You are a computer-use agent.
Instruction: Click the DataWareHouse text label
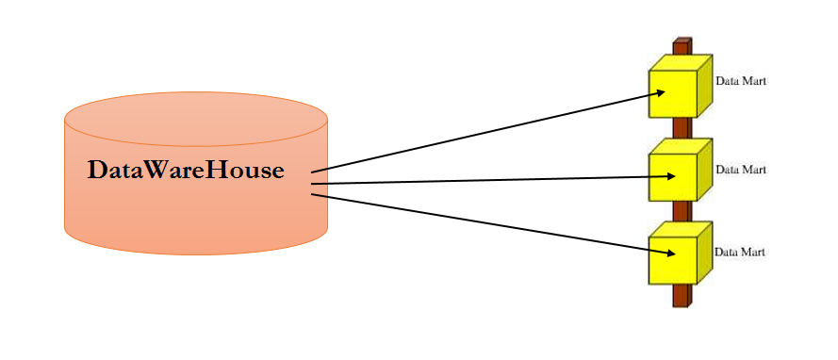[186, 171]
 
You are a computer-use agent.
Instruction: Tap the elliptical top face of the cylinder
[196, 120]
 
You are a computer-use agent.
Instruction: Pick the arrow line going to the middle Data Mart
[490, 180]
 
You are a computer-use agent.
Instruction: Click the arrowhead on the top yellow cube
[662, 91]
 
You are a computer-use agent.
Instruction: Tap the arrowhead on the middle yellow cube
[670, 176]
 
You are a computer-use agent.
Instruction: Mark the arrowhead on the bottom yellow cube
[669, 254]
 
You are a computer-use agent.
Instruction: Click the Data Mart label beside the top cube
[741, 82]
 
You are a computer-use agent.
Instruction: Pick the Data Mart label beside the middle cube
[741, 170]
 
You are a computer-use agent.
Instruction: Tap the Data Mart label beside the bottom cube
[740, 253]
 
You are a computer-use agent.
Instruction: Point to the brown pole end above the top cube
[682, 45]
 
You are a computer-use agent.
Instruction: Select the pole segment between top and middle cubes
[682, 128]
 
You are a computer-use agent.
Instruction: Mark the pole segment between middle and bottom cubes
[682, 211]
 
